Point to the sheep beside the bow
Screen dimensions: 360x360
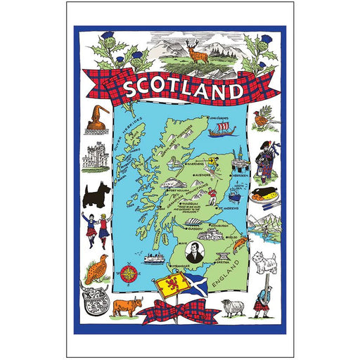[231, 307]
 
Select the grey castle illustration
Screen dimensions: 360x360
[94, 157]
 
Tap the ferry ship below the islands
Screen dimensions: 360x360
[153, 258]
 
